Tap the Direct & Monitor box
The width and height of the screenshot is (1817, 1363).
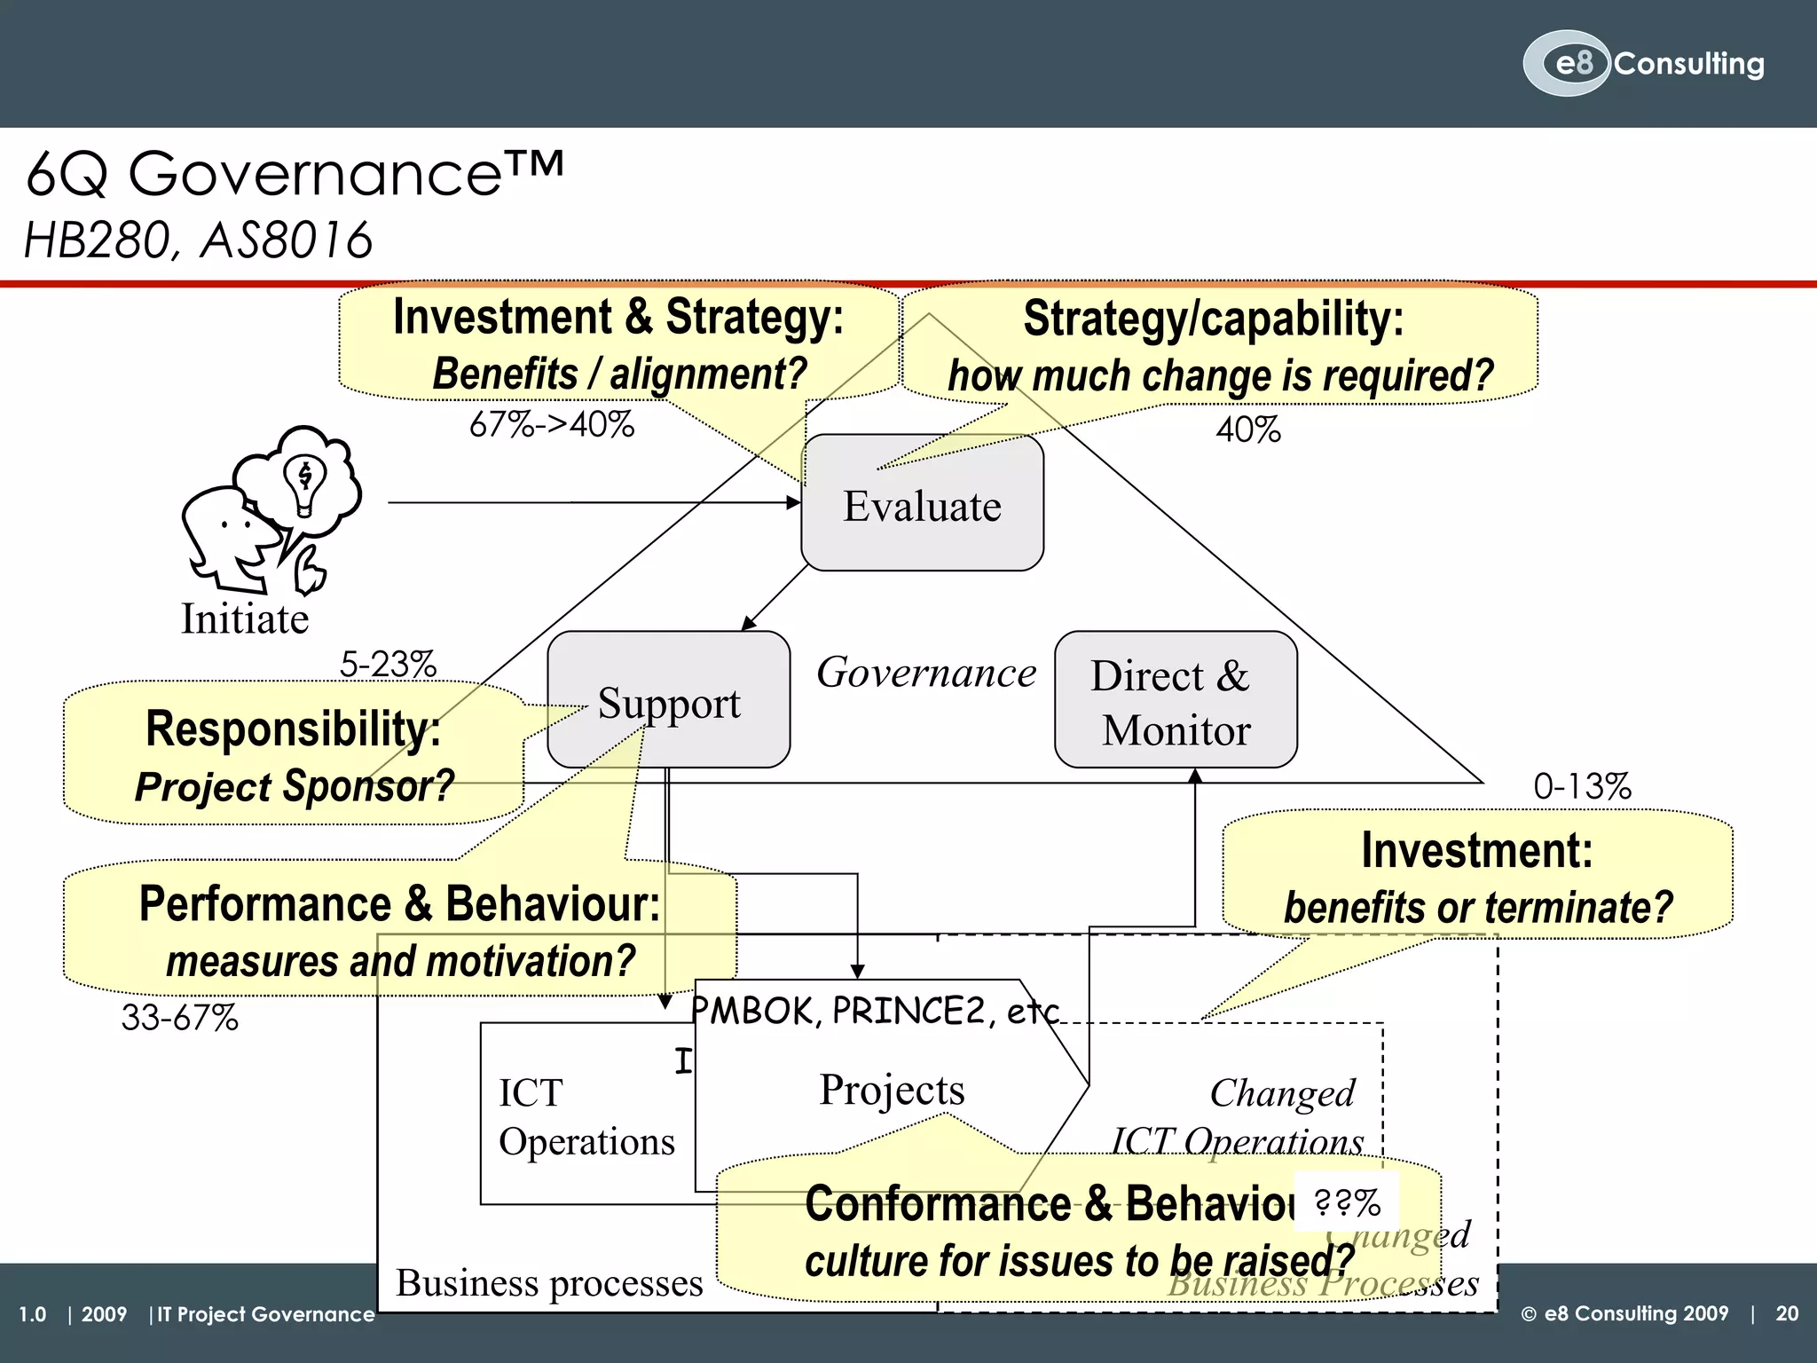pyautogui.click(x=1175, y=701)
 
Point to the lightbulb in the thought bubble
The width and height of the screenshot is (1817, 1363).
pyautogui.click(x=304, y=484)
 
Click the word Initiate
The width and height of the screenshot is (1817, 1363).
pyautogui.click(x=245, y=618)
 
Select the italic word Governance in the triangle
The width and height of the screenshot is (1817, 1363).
pyautogui.click(x=925, y=673)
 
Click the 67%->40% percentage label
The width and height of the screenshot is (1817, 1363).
pyautogui.click(x=552, y=425)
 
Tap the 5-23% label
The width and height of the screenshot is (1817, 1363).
pyautogui.click(x=388, y=664)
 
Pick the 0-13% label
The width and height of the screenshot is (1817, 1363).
pyautogui.click(x=1582, y=786)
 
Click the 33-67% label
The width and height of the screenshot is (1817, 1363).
pyautogui.click(x=180, y=1017)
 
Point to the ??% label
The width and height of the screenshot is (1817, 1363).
pyautogui.click(x=1347, y=1202)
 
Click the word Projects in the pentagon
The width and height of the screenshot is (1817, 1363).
pyautogui.click(x=892, y=1089)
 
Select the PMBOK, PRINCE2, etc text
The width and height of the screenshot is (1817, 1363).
pyautogui.click(x=875, y=1011)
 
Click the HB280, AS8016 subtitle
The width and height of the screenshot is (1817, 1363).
pyautogui.click(x=198, y=240)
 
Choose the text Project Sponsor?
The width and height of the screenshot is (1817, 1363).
pyautogui.click(x=294, y=786)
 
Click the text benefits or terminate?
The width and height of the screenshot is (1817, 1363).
pyautogui.click(x=1477, y=907)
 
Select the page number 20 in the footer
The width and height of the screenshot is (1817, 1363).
pyautogui.click(x=1787, y=1313)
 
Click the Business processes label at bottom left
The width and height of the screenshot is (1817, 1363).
pyautogui.click(x=549, y=1282)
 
